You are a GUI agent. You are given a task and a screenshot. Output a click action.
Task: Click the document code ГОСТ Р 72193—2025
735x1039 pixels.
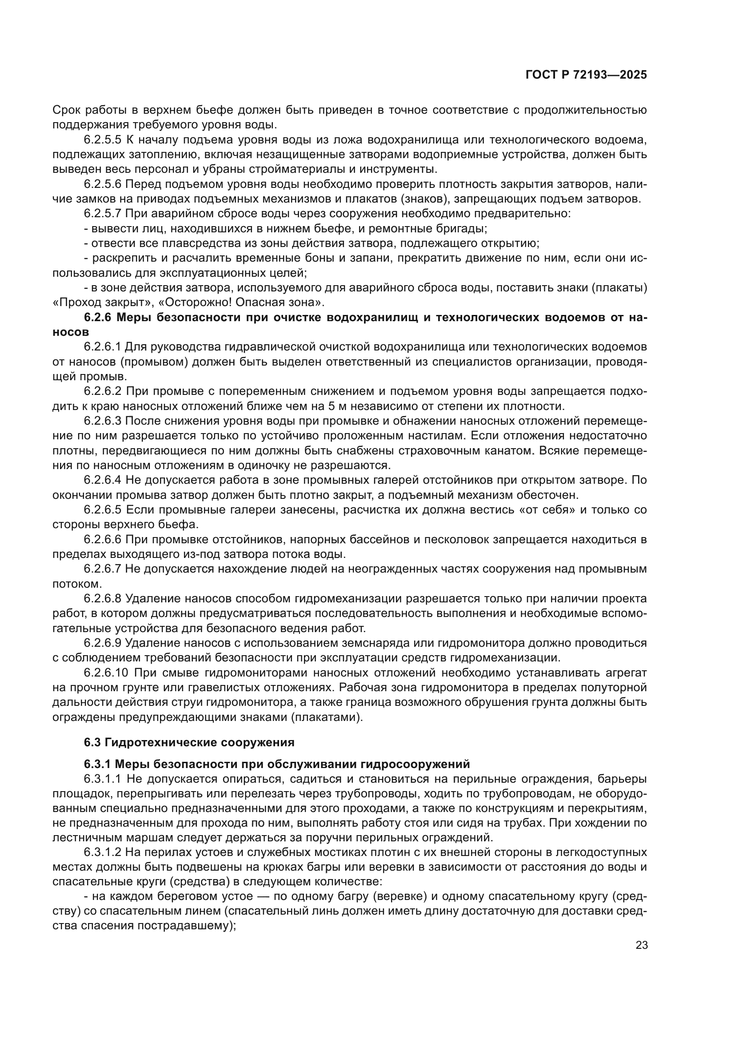[x=586, y=75]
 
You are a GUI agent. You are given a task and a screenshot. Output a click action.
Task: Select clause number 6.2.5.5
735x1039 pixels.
[x=102, y=140]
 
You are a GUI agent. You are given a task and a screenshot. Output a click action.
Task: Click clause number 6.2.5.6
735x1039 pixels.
[x=102, y=184]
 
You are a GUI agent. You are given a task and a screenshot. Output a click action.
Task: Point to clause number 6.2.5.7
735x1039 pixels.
[x=102, y=214]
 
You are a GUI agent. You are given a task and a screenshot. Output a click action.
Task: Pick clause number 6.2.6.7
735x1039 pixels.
[x=102, y=569]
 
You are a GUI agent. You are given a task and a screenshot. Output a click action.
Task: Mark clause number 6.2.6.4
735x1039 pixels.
[x=102, y=480]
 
